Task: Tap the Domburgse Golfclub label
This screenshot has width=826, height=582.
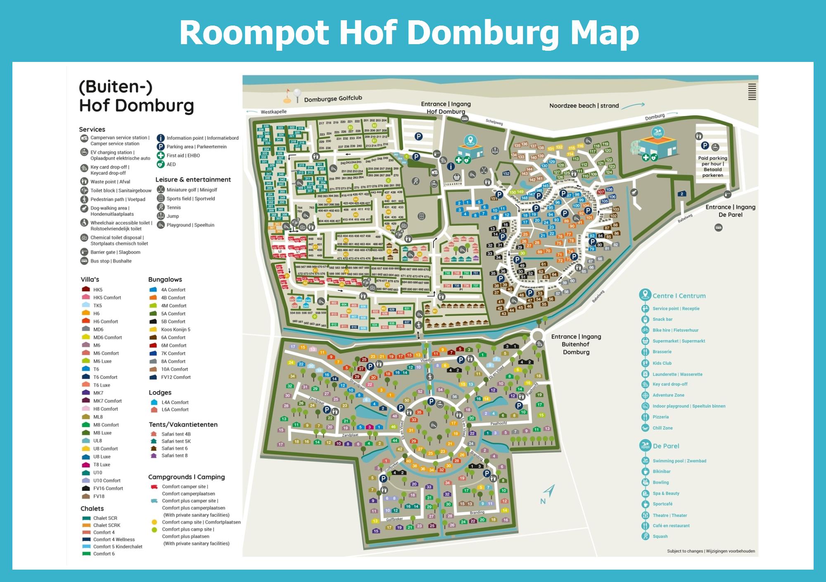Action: pyautogui.click(x=333, y=99)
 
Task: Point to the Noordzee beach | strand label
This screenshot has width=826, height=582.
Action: pyautogui.click(x=584, y=106)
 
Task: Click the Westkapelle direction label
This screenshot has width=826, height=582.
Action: pyautogui.click(x=273, y=112)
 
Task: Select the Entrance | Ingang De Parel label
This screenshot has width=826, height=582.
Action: pyautogui.click(x=730, y=211)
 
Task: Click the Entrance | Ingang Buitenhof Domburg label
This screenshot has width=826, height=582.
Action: pyautogui.click(x=576, y=344)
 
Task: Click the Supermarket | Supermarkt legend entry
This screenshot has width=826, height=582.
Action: pyautogui.click(x=679, y=341)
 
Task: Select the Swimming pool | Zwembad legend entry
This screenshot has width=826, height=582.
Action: pyautogui.click(x=679, y=461)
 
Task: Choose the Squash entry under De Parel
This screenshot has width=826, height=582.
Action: pyautogui.click(x=660, y=536)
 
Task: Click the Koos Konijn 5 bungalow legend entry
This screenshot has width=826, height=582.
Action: pyautogui.click(x=176, y=329)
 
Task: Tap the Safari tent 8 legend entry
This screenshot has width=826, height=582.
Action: pyautogui.click(x=174, y=456)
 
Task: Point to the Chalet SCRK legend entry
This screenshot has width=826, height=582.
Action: pyautogui.click(x=107, y=525)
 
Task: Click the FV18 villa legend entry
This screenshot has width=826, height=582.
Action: pyautogui.click(x=99, y=496)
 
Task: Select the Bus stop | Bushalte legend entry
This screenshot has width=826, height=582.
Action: pyautogui.click(x=111, y=261)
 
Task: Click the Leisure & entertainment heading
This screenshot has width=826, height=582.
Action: pyautogui.click(x=193, y=180)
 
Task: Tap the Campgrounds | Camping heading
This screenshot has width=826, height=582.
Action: pyautogui.click(x=186, y=477)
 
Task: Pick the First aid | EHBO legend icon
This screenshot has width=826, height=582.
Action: pyautogui.click(x=161, y=156)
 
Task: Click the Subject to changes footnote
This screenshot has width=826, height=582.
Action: pyautogui.click(x=710, y=551)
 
